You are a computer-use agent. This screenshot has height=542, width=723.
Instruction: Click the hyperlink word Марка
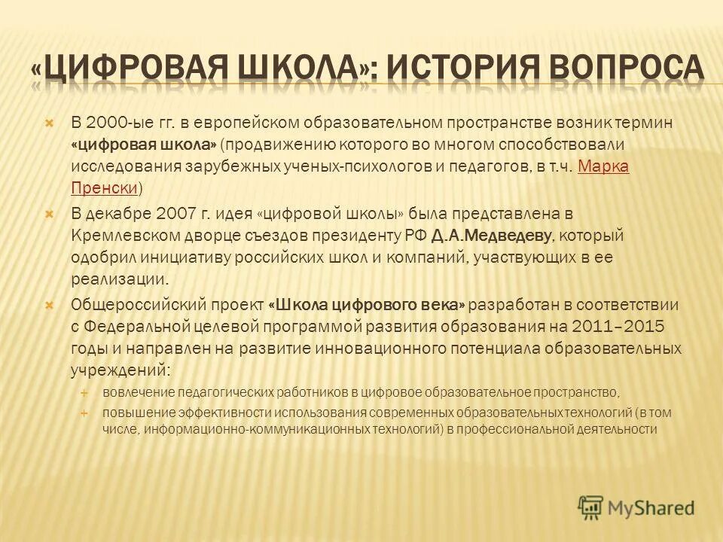pos(602,166)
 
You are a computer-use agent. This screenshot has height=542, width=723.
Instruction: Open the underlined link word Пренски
pos(105,187)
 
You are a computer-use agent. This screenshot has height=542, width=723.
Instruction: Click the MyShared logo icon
pos(591,508)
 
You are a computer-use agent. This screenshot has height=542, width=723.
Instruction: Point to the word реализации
pos(117,279)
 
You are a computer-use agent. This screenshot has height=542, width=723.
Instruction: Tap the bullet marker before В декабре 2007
pos(50,215)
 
